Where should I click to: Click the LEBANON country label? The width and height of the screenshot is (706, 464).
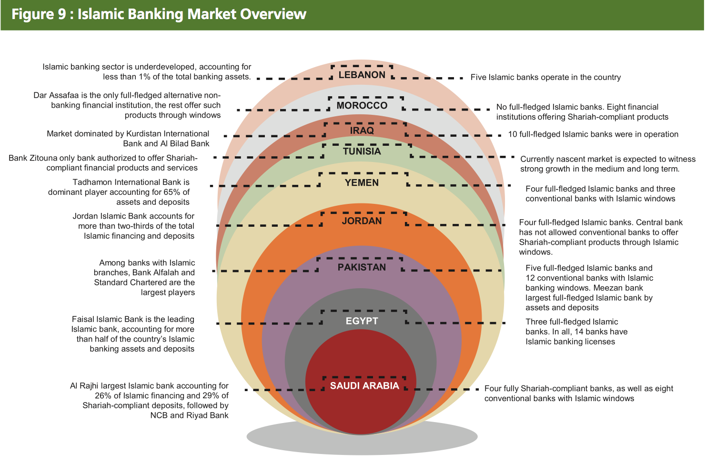(x=362, y=75)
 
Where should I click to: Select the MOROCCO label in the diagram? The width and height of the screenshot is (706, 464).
(x=362, y=106)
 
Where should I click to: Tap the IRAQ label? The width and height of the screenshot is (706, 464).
(x=362, y=131)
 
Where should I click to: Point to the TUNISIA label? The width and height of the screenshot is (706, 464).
(x=362, y=151)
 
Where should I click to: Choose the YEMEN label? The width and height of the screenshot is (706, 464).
(x=362, y=183)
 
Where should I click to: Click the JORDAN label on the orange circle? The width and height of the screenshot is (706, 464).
(x=362, y=221)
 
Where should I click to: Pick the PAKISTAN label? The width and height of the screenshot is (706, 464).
(x=362, y=267)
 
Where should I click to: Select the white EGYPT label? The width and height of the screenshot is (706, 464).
(x=362, y=321)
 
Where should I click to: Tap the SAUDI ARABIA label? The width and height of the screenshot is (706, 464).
(x=364, y=385)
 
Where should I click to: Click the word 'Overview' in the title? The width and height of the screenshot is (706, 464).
(x=273, y=14)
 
